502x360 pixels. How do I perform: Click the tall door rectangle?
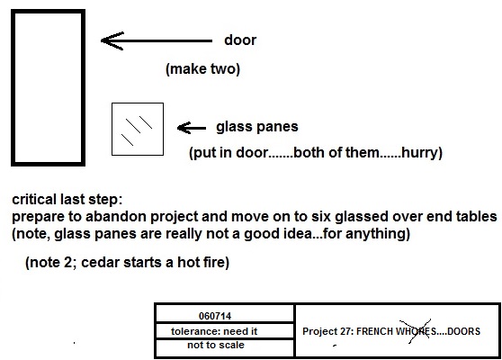tap(13, 87)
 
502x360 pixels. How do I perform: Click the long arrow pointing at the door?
tap(157, 40)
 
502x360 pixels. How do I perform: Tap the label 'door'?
tap(240, 40)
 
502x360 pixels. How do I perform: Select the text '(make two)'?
tap(202, 69)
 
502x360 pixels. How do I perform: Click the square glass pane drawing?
tap(112, 129)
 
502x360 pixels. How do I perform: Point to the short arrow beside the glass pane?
tap(192, 128)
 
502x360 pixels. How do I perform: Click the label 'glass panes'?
tap(257, 127)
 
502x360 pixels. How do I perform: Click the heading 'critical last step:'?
tap(67, 200)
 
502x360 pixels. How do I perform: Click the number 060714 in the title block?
tap(215, 316)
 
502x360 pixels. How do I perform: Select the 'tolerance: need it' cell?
tap(214, 331)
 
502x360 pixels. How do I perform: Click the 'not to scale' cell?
tap(216, 345)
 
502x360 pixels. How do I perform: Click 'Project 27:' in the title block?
tap(327, 331)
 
